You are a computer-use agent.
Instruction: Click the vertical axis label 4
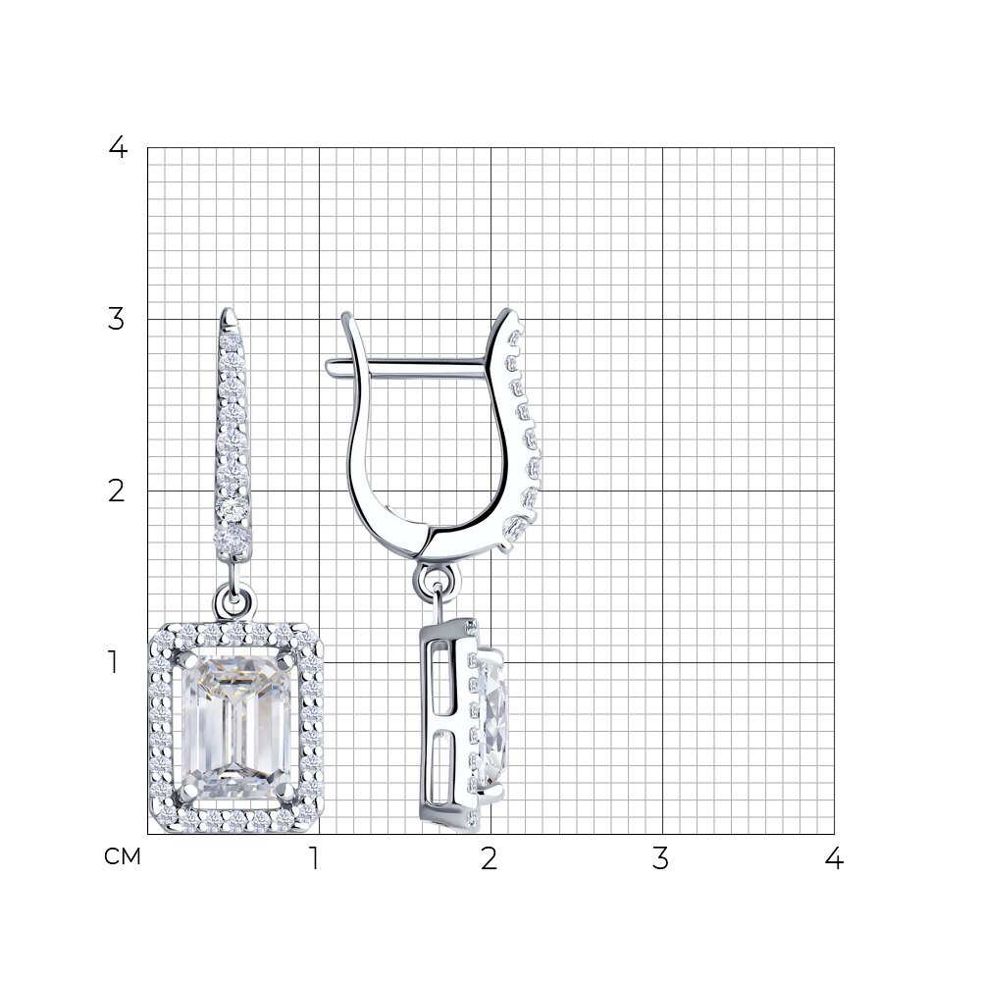point(118,148)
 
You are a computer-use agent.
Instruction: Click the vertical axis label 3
point(117,319)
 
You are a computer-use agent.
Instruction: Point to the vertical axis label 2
point(117,491)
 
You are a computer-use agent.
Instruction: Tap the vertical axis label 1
point(113,662)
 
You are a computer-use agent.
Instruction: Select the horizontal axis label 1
point(315,859)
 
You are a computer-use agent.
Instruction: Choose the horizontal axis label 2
point(490,859)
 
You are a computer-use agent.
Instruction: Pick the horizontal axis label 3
point(660,859)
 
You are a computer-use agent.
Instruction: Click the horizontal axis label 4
point(834,859)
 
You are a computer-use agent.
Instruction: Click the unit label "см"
point(123,856)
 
